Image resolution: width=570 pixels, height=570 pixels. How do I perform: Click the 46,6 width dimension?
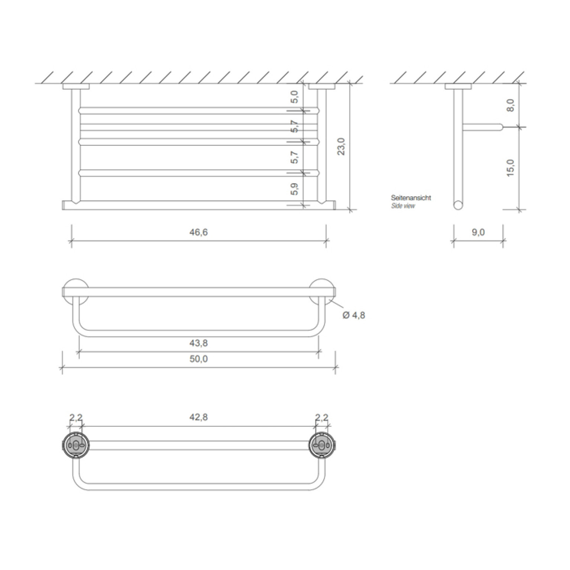(x=198, y=232)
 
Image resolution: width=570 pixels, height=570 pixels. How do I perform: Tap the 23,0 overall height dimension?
(x=341, y=146)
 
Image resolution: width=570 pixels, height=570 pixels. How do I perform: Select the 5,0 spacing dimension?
(x=294, y=97)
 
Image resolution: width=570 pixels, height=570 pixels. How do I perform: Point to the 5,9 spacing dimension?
(x=294, y=189)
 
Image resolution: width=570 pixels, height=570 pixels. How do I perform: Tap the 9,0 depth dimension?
(x=478, y=232)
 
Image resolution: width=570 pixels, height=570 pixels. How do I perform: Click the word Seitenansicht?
(x=411, y=198)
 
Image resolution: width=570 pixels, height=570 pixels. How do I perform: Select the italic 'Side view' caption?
(x=403, y=206)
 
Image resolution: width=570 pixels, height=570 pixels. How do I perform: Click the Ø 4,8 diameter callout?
(x=354, y=315)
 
